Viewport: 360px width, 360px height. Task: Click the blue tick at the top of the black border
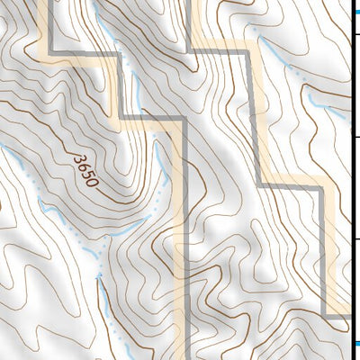355,11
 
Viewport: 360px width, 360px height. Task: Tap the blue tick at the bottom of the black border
355,344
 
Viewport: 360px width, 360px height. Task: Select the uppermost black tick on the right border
355,34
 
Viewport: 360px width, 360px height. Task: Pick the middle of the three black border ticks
355,137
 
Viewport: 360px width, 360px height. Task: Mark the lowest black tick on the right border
355,239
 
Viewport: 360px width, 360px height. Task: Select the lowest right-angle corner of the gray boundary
325,317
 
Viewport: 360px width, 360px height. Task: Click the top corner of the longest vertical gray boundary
185,118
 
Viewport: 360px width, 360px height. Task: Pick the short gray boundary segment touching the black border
337,317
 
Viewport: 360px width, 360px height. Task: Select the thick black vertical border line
351,180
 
